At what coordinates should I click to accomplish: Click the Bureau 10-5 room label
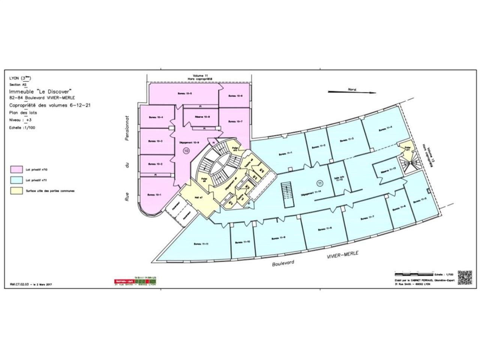[x=186, y=93]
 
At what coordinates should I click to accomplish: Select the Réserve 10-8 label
[x=202, y=117]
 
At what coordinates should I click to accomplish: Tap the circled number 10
[x=186, y=151]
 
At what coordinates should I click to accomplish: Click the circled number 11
[x=319, y=183]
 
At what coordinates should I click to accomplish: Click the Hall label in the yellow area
[x=199, y=197]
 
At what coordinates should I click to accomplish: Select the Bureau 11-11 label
[x=201, y=244]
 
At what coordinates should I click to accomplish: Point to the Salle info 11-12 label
[x=336, y=179]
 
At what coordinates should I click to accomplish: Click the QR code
[x=464, y=277]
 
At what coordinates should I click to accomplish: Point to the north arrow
[x=351, y=91]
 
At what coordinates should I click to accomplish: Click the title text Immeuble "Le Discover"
[x=40, y=91]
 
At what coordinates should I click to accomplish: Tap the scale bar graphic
[x=414, y=274]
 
